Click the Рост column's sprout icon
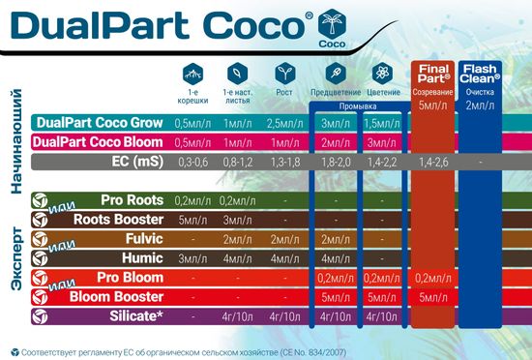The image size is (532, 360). click(x=284, y=71)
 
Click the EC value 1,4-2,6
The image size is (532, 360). click(x=431, y=162)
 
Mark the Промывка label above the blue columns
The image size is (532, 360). click(x=356, y=107)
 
